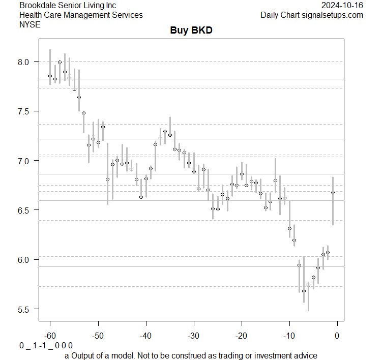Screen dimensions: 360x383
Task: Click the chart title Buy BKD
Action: pos(191,31)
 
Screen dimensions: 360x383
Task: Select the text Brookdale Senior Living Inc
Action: pos(68,6)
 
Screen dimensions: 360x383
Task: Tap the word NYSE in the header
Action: pos(30,24)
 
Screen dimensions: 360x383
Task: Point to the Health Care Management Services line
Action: pos(81,15)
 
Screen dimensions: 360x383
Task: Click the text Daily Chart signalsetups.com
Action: pos(312,15)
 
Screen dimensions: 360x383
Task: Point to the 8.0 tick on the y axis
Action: pos(25,62)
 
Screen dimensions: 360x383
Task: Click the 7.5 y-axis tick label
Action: pos(25,111)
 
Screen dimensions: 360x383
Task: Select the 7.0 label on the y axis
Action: pos(25,161)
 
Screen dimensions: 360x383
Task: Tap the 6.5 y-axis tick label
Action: pos(25,210)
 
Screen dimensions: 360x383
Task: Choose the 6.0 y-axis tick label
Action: pos(25,260)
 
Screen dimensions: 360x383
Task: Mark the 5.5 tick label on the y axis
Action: pos(25,309)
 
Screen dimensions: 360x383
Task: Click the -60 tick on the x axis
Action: pos(50,336)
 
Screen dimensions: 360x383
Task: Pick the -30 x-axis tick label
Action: pos(193,336)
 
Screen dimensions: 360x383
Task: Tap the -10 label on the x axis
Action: pos(289,336)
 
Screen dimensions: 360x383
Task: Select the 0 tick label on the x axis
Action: pos(337,336)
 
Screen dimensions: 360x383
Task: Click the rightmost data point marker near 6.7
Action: pos(333,193)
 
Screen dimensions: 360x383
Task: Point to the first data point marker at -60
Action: pos(50,76)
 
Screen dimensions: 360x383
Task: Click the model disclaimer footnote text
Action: pos(191,355)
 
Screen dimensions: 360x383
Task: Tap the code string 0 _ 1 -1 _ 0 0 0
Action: pos(46,346)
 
